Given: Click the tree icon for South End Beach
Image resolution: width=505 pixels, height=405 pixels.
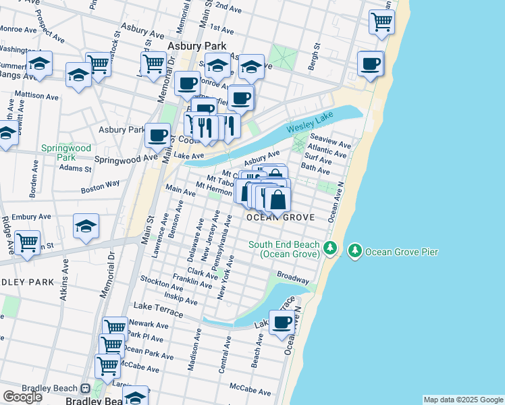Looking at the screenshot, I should click(x=330, y=248).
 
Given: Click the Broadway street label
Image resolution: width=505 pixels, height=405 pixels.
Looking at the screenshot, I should click(x=293, y=277).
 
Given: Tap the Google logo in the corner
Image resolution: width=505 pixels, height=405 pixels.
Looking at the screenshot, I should click(x=22, y=397).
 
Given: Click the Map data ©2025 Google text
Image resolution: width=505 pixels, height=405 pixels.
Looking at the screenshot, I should click(x=462, y=400).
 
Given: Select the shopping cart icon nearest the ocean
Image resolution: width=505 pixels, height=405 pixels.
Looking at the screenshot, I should click(x=382, y=21).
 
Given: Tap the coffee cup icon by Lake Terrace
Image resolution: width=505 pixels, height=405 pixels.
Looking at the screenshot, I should click(x=282, y=322).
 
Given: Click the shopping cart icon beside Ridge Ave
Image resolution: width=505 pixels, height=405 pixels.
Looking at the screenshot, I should click(x=27, y=242).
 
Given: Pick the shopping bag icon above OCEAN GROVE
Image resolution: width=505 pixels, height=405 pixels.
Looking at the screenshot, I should click(x=277, y=199).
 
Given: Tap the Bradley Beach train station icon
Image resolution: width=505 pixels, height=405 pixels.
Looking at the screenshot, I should click(x=86, y=389).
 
